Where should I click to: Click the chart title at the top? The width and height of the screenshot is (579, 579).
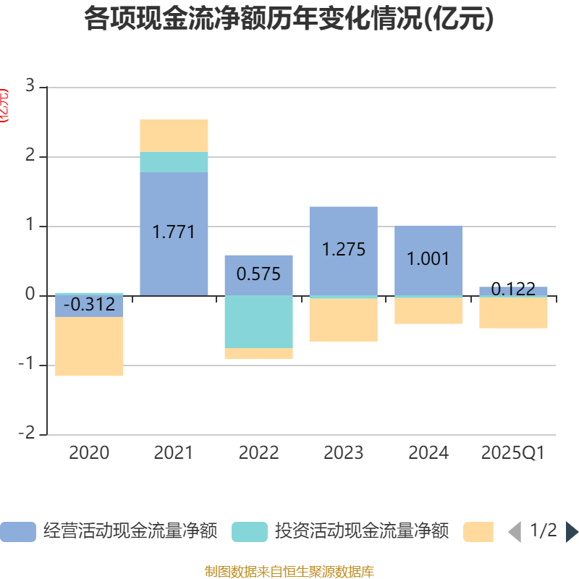click(289, 20)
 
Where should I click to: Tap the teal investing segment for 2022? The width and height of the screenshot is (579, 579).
click(258, 321)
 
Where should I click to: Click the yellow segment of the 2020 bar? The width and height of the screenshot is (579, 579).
click(89, 347)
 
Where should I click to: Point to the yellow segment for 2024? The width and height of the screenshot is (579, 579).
click(428, 310)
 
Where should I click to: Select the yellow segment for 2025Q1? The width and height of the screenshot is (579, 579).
click(513, 313)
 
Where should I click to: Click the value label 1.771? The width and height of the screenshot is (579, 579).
click(174, 232)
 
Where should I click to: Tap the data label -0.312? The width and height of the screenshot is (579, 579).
click(89, 305)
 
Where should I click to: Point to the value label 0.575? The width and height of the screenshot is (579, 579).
click(258, 275)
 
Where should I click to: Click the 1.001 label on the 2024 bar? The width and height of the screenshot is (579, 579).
click(428, 258)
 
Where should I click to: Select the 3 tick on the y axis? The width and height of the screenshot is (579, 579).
click(30, 86)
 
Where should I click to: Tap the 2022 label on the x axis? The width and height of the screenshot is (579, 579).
click(258, 453)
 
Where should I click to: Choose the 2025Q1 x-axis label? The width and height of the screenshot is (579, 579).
click(513, 453)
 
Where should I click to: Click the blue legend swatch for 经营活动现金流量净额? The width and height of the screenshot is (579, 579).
click(18, 532)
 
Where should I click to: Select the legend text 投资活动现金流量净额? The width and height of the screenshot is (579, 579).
click(362, 532)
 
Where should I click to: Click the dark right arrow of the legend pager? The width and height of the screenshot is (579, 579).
click(572, 532)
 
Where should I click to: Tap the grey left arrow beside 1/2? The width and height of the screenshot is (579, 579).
click(515, 532)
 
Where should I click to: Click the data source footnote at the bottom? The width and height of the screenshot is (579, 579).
click(289, 572)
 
